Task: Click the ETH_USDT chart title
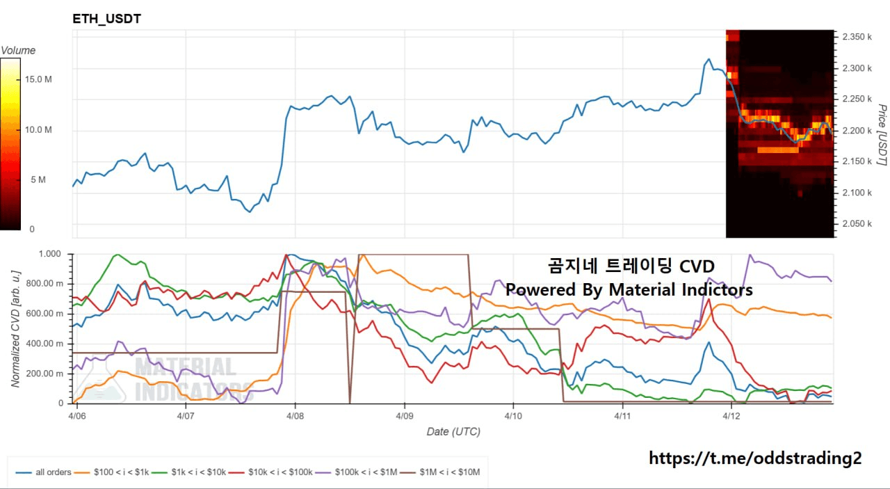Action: coord(106,19)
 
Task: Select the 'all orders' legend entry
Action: coord(53,472)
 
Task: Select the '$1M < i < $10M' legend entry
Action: coord(449,472)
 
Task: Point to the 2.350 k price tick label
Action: coord(857,36)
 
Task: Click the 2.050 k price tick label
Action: coord(857,223)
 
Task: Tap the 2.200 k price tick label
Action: coord(857,130)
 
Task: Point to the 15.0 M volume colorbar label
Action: coord(38,79)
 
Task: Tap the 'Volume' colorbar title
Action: coord(18,50)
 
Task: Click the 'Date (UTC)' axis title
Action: coord(453,431)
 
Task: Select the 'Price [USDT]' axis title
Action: coord(882,135)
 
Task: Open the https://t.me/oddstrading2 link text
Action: coord(755,458)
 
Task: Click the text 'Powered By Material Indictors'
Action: coord(629,289)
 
